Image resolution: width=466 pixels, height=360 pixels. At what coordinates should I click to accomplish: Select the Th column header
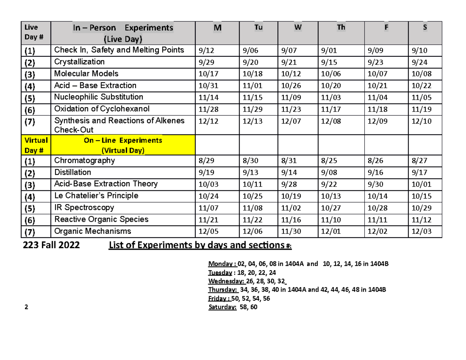tap(341, 28)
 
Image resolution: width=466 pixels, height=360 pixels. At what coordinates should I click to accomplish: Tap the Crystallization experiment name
tap(79, 62)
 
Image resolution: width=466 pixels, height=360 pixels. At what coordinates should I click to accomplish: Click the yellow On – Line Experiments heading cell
tap(123, 145)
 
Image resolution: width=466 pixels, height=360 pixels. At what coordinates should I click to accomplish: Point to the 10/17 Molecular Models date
tap(206, 74)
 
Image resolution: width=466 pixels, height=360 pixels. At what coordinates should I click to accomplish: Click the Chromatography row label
tap(84, 160)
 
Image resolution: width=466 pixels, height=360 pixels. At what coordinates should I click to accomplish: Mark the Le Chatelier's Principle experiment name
tap(96, 196)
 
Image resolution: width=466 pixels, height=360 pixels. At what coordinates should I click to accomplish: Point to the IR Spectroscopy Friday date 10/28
tap(374, 208)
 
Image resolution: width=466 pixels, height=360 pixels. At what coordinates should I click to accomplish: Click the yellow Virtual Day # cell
tap(36, 145)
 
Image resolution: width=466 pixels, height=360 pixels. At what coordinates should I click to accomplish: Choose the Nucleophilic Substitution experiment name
tap(99, 97)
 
